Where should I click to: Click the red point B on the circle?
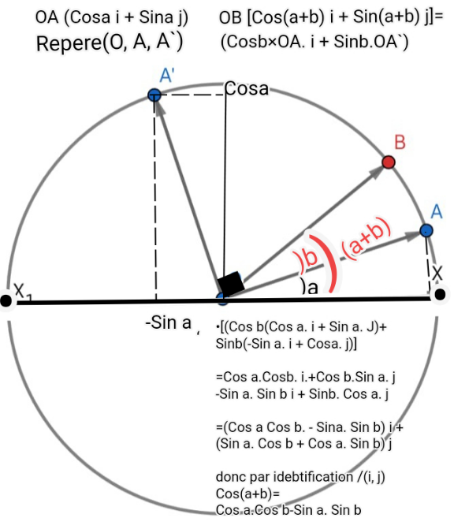[x=389, y=162]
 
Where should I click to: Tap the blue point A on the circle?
[x=426, y=231]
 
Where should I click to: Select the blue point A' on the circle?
[x=154, y=95]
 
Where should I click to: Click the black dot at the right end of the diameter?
[x=440, y=295]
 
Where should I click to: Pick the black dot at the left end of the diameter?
[x=6, y=300]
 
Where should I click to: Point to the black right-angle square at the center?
[x=231, y=283]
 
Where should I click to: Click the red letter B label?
[x=400, y=142]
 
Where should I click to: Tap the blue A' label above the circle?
[x=167, y=75]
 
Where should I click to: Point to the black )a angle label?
[x=310, y=289]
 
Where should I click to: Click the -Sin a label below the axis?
[x=168, y=322]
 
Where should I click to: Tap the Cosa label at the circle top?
[x=247, y=89]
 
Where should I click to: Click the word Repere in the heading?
[x=69, y=44]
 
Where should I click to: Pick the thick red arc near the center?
[x=326, y=263]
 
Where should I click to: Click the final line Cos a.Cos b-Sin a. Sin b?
[x=288, y=510]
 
